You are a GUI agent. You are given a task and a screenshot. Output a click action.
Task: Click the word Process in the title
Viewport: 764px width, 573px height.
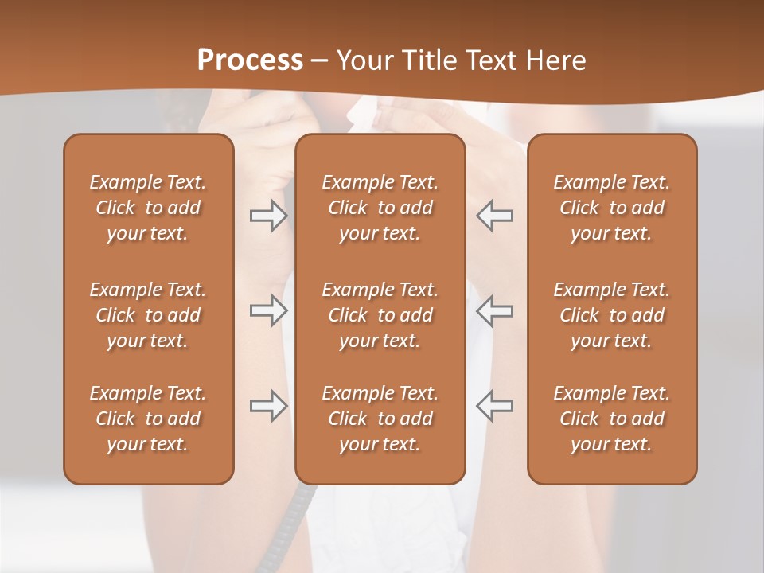click(250, 60)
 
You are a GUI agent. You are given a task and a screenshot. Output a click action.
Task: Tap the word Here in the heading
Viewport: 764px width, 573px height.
click(555, 60)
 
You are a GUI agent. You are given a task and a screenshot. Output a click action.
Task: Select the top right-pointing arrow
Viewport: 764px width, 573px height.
click(268, 216)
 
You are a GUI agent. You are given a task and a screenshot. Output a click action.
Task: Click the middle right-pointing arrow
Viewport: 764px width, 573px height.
click(268, 310)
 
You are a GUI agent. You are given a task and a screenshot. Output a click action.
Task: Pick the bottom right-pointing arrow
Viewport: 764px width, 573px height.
click(268, 406)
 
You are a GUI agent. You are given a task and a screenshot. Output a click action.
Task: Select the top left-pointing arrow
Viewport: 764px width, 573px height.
click(495, 216)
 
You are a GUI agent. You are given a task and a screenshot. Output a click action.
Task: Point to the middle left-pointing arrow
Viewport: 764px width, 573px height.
click(495, 310)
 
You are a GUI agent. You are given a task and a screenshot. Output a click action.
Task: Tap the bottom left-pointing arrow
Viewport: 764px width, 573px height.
click(495, 406)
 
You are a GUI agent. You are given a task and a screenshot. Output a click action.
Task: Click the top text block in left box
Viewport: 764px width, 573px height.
click(148, 208)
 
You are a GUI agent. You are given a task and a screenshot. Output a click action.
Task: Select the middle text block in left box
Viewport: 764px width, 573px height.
click(148, 315)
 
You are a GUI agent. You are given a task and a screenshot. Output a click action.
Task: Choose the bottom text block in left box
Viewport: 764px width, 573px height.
click(148, 419)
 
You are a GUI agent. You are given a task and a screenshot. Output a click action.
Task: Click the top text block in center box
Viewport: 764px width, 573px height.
click(380, 208)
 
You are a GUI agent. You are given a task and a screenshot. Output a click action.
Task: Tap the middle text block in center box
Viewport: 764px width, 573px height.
click(380, 315)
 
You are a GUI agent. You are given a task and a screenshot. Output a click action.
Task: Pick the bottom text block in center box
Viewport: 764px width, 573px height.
click(380, 419)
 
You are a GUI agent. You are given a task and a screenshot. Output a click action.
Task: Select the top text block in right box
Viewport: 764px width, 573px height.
click(611, 208)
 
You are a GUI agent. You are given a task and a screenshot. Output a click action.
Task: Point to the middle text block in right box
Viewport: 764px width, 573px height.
click(611, 315)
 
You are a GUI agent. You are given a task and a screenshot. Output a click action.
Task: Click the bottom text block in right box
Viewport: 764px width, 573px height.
click(611, 419)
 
